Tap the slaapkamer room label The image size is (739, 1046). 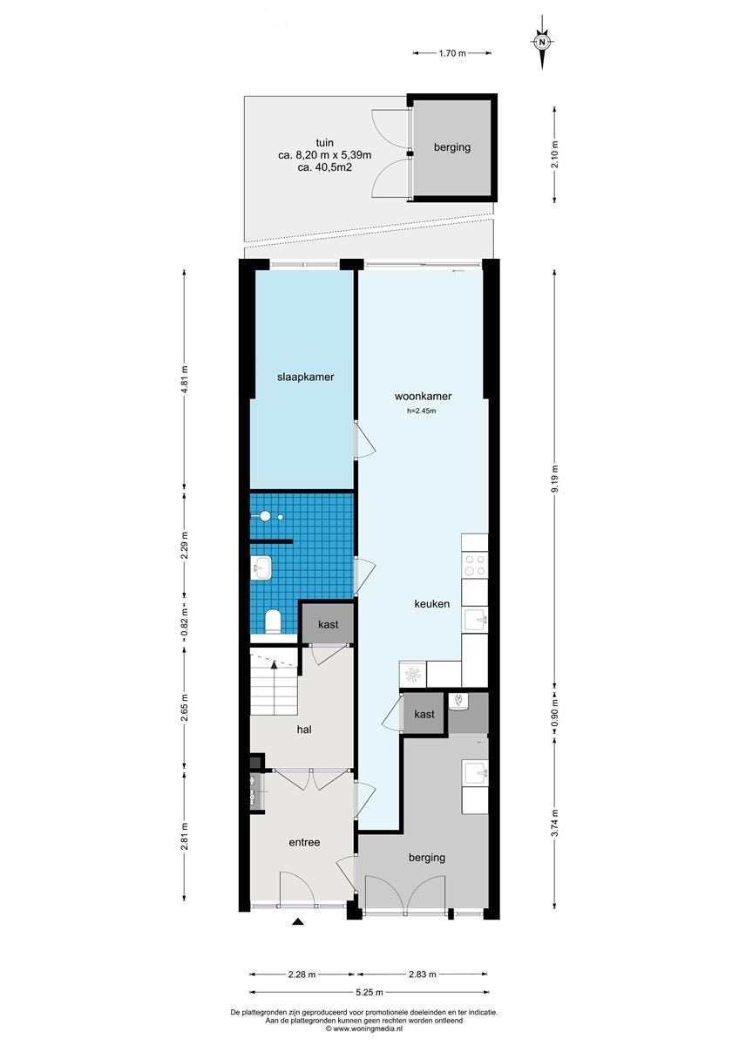(x=305, y=377)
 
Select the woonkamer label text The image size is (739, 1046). (x=423, y=396)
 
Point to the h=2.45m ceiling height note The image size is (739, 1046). (x=422, y=411)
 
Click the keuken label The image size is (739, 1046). (x=432, y=603)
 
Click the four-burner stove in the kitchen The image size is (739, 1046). (x=475, y=564)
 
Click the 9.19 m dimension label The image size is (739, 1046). (x=554, y=479)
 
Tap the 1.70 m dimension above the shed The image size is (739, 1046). (x=452, y=53)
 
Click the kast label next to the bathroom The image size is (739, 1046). (x=328, y=624)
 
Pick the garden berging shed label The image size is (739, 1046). (x=452, y=147)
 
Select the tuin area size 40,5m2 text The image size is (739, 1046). (x=324, y=166)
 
